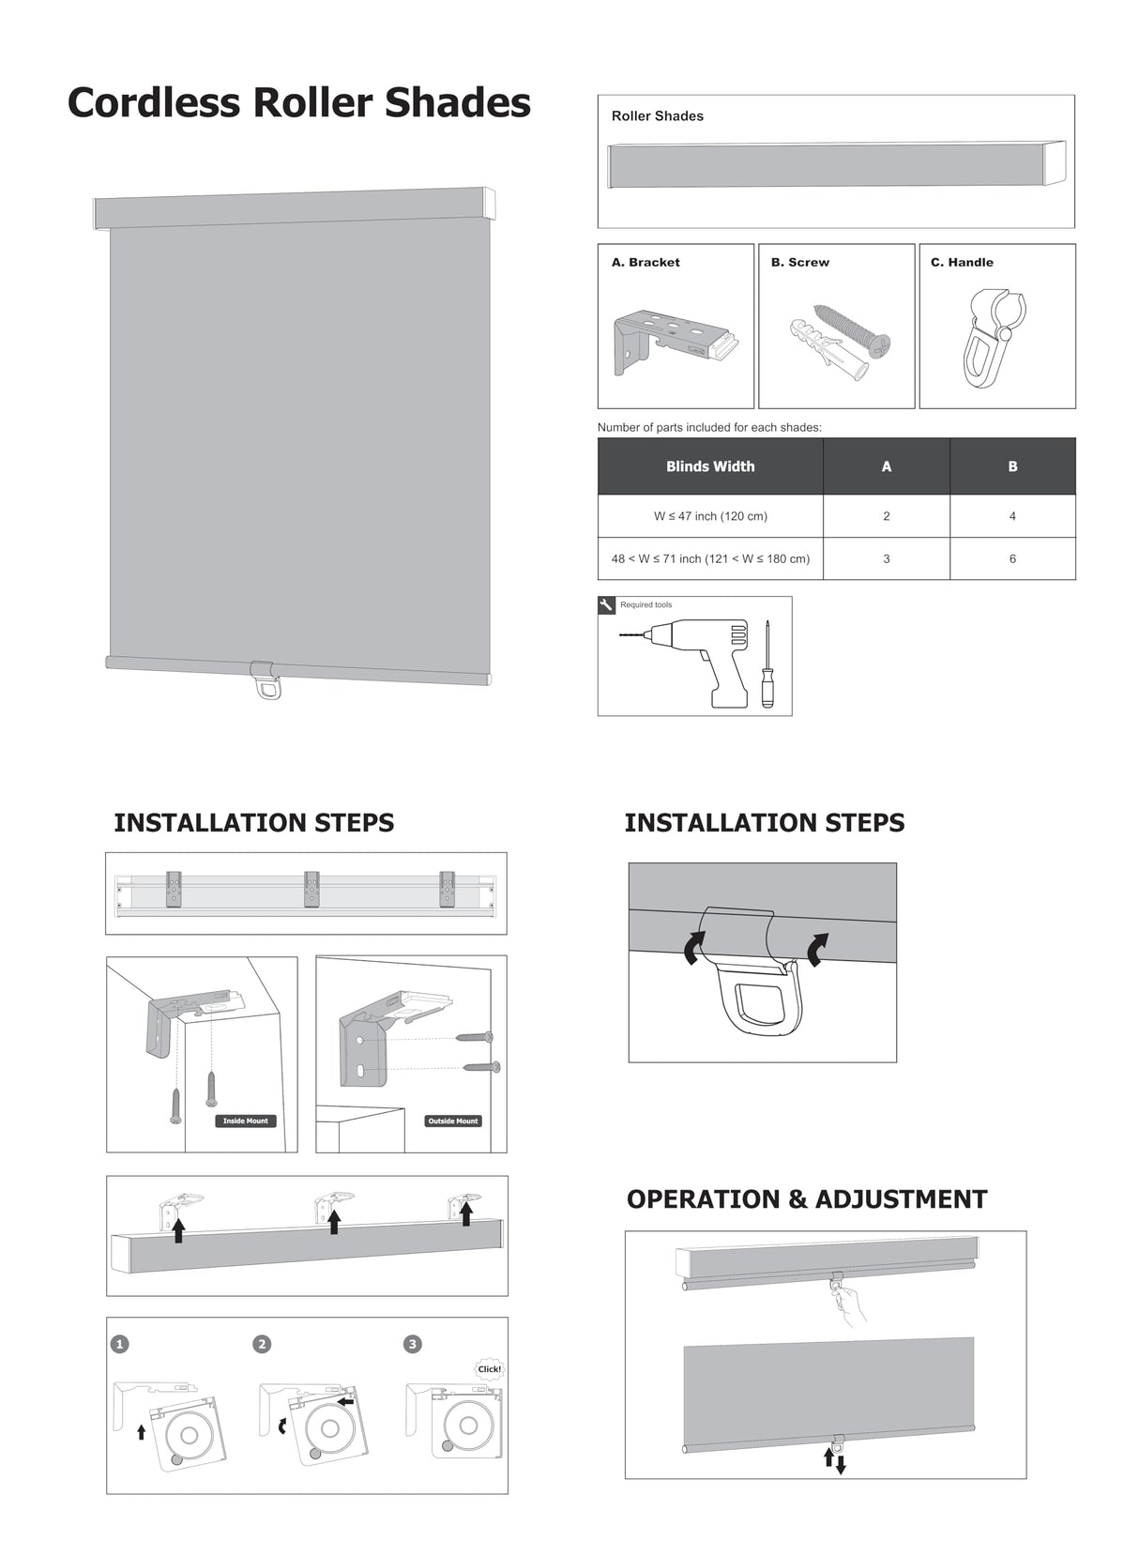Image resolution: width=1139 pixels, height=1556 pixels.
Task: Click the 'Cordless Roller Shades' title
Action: point(298,102)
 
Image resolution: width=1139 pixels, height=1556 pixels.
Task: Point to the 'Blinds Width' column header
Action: point(710,466)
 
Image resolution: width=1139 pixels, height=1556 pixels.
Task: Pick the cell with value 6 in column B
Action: point(1012,558)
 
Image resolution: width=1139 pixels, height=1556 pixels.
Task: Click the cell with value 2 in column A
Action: point(886,516)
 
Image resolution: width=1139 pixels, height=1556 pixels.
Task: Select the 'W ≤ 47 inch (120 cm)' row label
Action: point(710,516)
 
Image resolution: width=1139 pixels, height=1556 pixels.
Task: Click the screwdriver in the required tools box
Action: point(767,664)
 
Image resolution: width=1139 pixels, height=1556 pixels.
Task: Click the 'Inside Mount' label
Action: point(246,1121)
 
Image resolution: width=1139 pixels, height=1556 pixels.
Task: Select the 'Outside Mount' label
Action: point(453,1121)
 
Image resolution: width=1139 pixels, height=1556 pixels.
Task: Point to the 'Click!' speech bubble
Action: point(489,1368)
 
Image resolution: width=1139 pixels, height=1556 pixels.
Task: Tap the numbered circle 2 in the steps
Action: point(262,1344)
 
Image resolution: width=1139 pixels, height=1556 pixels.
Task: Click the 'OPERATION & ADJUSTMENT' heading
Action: point(806,1199)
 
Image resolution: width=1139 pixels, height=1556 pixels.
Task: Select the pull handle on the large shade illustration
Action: point(265,680)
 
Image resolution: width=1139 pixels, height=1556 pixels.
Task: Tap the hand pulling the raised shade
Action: point(850,1305)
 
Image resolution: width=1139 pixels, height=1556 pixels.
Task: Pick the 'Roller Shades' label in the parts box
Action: point(657,116)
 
